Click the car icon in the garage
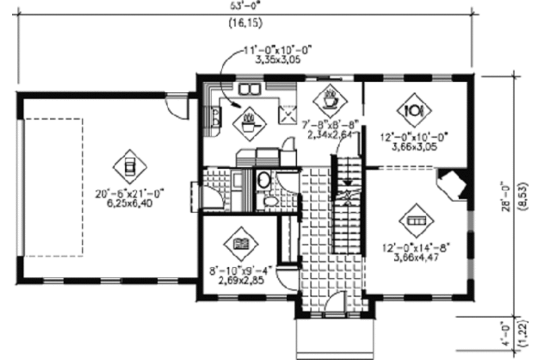click(130, 164)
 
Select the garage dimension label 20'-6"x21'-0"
click(130, 192)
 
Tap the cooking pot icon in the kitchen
click(248, 123)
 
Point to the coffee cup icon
click(330, 100)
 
